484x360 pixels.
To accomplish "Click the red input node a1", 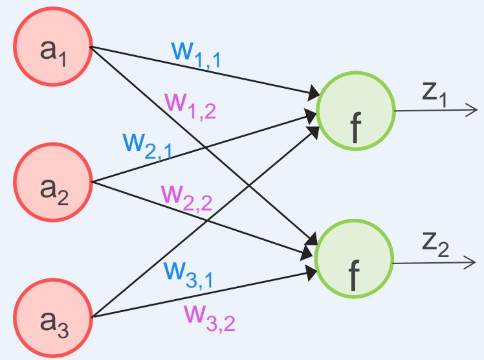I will click(x=52, y=52).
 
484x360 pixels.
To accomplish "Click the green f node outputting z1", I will click(x=355, y=111).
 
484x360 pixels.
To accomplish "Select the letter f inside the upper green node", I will click(x=354, y=128).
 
